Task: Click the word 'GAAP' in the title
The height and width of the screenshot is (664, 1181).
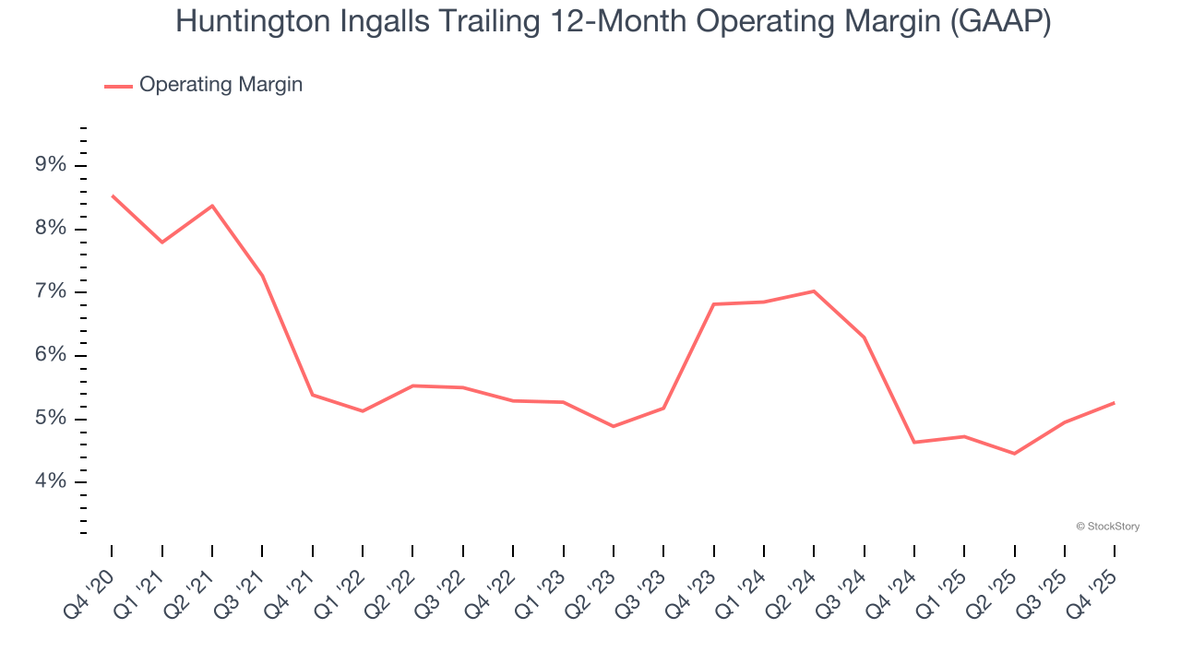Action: (x=1001, y=23)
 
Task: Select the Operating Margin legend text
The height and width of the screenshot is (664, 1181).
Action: (x=221, y=85)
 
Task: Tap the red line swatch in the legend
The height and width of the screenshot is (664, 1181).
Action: (x=118, y=86)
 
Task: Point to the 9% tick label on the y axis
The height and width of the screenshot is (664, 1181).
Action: (x=51, y=166)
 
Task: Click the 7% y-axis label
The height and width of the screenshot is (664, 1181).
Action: (x=51, y=292)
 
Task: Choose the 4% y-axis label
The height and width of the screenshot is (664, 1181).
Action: (x=51, y=482)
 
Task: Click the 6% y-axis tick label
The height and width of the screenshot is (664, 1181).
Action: (x=51, y=356)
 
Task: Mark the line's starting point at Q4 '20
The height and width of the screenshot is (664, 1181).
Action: (x=113, y=196)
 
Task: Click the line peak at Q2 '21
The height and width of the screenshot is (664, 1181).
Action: (x=212, y=206)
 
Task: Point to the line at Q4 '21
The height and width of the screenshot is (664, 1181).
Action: (x=313, y=395)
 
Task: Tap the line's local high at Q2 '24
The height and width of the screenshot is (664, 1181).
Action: (x=814, y=291)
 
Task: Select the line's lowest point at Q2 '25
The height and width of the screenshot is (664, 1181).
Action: (x=1014, y=454)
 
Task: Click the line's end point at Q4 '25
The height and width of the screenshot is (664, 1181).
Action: (x=1114, y=403)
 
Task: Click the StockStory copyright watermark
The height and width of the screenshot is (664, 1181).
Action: (x=1107, y=527)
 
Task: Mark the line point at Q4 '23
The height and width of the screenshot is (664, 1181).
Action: (x=714, y=304)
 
